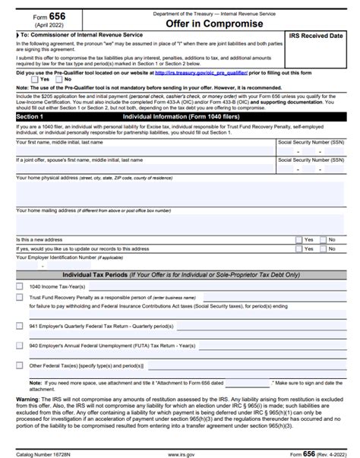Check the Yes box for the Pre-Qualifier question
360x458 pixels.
coord(34,79)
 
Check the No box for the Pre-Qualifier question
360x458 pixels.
coord(58,79)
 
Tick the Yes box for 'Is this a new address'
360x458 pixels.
coord(298,239)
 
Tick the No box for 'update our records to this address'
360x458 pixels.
coord(322,248)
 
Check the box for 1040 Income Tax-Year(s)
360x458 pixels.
coord(20,286)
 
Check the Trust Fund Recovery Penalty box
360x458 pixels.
coord(20,299)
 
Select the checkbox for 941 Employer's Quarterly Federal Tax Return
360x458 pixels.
coord(20,325)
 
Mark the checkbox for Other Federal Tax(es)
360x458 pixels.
coord(20,365)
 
